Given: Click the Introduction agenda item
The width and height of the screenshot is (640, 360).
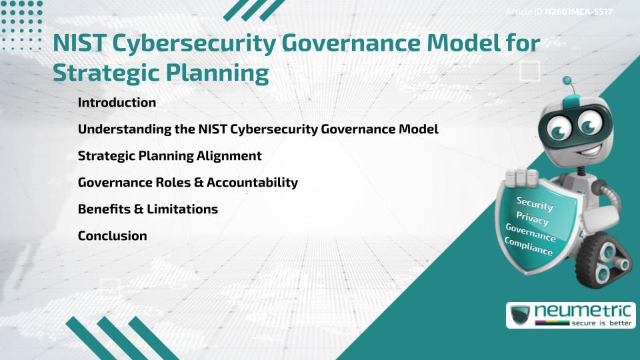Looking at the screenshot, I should (x=117, y=103).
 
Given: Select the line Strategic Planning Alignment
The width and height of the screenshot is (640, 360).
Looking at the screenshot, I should (x=169, y=156).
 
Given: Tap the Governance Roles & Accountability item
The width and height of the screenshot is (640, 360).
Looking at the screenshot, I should (x=187, y=182).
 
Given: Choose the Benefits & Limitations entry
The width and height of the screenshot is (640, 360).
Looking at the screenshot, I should (x=147, y=209).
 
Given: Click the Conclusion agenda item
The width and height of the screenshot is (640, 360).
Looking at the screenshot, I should (x=112, y=235).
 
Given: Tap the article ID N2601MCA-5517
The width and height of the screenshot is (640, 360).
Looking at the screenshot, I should (x=578, y=13).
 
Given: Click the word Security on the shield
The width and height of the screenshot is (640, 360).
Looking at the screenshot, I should (x=535, y=203).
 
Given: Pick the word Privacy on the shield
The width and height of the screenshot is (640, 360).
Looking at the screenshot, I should (x=532, y=218).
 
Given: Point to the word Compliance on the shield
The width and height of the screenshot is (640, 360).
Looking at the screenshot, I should (x=529, y=246).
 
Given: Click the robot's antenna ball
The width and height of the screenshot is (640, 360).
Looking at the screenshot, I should (x=568, y=81).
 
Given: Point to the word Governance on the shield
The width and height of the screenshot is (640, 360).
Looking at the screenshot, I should (x=531, y=232).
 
